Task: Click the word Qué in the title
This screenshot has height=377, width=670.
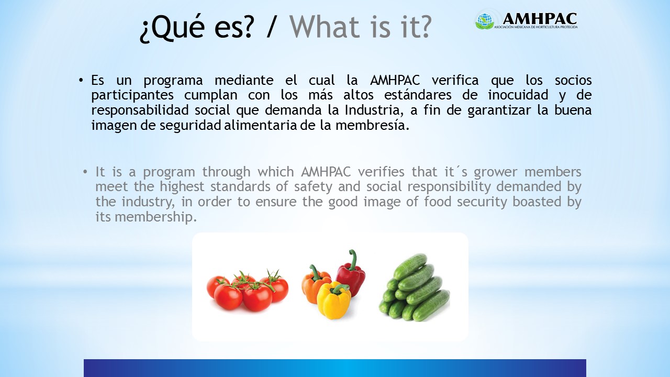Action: [x=173, y=26]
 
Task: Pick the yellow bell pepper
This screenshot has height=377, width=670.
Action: [x=334, y=300]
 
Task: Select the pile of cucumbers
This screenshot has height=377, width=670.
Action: [x=415, y=288]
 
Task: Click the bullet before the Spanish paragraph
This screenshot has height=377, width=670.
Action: [x=81, y=81]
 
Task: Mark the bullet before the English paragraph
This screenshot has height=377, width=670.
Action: [x=85, y=172]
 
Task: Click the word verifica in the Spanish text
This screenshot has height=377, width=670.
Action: [x=455, y=80]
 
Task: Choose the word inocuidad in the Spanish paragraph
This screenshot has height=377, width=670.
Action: [x=518, y=95]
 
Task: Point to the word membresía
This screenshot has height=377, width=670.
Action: [x=372, y=125]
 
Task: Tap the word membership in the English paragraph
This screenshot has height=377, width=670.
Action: [x=155, y=217]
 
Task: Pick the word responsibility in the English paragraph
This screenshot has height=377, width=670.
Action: [x=449, y=187]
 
